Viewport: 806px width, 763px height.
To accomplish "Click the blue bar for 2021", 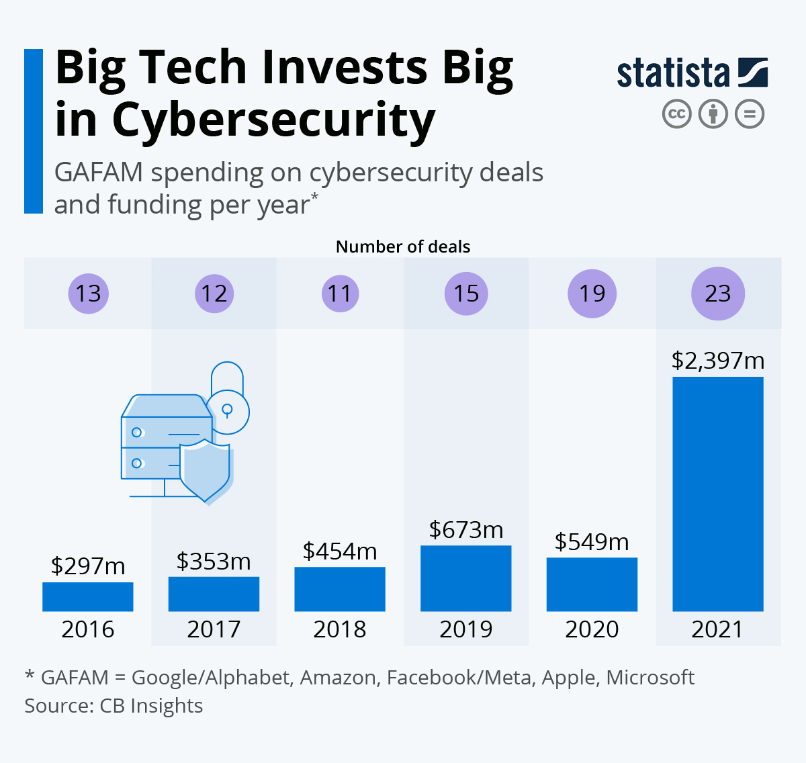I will pyautogui.click(x=717, y=494).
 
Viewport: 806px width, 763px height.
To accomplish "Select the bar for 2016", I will pyautogui.click(x=87, y=596).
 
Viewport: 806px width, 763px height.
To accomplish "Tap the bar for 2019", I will pyautogui.click(x=465, y=578).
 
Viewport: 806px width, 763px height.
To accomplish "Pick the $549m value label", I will pyautogui.click(x=592, y=541).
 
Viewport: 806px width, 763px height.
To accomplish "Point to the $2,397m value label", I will pyautogui.click(x=717, y=361).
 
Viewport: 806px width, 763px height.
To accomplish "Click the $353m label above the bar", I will pyautogui.click(x=214, y=561).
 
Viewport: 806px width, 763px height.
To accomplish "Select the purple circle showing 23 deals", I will pyautogui.click(x=717, y=294).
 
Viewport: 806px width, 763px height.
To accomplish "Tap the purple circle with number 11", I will pyautogui.click(x=340, y=294).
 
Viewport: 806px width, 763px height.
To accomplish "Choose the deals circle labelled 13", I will pyautogui.click(x=88, y=294).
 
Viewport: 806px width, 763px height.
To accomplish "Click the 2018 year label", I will pyautogui.click(x=340, y=629).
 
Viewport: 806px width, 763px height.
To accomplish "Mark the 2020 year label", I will pyautogui.click(x=592, y=629).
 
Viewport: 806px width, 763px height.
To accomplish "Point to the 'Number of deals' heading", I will pyautogui.click(x=403, y=246).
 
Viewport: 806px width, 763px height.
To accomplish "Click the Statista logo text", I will pyautogui.click(x=673, y=73).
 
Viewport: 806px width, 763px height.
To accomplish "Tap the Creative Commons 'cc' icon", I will pyautogui.click(x=676, y=114).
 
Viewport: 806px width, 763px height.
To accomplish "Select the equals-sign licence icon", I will pyautogui.click(x=749, y=114).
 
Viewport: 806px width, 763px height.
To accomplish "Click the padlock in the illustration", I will pyautogui.click(x=227, y=400).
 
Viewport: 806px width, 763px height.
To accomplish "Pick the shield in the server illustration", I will pyautogui.click(x=205, y=470).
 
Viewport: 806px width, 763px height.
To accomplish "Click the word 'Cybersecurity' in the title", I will pyautogui.click(x=273, y=121).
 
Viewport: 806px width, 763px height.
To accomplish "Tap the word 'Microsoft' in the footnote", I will pyautogui.click(x=650, y=677).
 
